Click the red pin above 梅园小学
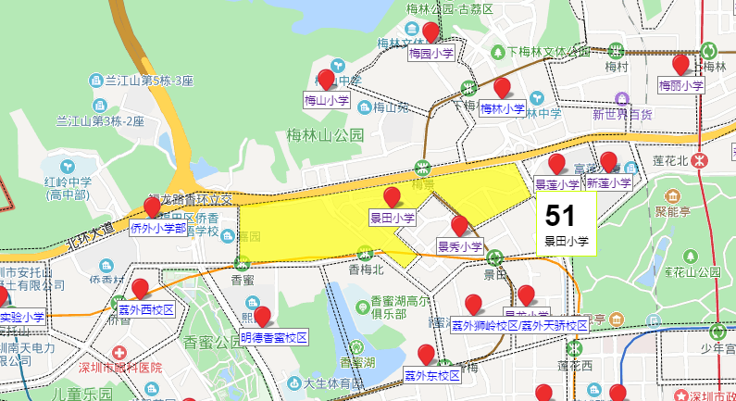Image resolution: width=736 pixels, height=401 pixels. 430,32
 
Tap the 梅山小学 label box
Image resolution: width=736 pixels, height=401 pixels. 328,100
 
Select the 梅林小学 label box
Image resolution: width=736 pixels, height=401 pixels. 503,108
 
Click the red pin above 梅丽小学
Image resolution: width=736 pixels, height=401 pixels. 680,65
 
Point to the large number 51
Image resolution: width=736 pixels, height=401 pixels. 561,216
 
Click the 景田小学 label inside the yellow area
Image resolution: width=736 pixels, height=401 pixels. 393,219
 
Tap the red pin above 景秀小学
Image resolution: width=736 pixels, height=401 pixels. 459,225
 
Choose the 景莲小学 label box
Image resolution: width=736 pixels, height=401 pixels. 557,184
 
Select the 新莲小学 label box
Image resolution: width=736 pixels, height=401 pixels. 608,184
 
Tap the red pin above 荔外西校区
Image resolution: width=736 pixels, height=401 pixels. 141,288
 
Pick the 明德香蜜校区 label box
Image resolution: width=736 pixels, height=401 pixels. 271,336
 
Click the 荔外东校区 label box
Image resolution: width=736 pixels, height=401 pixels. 431,375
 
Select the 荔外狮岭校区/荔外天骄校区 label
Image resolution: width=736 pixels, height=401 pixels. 519,326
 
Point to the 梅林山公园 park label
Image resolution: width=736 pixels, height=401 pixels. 326,135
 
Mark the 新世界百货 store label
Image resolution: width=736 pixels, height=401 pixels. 622,116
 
